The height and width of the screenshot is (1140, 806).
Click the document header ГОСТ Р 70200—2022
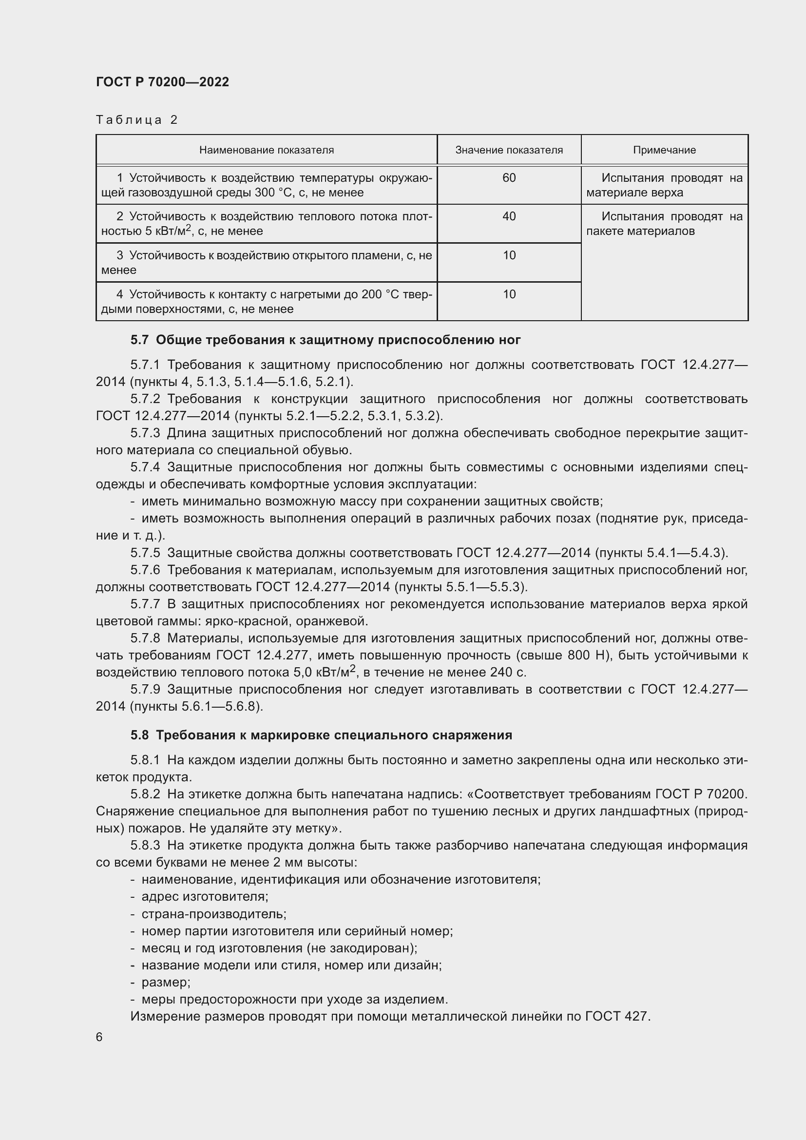162,82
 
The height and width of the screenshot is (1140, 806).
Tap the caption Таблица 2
136,120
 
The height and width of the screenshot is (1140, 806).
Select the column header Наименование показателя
267,150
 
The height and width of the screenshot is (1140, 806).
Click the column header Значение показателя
509,150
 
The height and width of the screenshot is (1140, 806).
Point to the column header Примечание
664,150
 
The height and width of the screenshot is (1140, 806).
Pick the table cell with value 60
509,178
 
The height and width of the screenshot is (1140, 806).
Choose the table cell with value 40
509,216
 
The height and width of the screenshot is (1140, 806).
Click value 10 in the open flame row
509,255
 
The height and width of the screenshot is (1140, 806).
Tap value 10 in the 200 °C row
509,294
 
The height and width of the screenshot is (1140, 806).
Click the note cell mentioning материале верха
664,185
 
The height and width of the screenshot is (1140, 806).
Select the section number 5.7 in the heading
139,340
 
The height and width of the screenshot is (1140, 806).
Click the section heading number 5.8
139,735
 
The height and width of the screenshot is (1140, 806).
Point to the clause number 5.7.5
145,553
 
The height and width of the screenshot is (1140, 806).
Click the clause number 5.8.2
145,794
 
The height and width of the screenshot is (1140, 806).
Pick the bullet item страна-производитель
214,914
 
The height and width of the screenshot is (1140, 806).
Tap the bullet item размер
166,982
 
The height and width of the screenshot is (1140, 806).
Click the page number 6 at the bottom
99,1037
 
